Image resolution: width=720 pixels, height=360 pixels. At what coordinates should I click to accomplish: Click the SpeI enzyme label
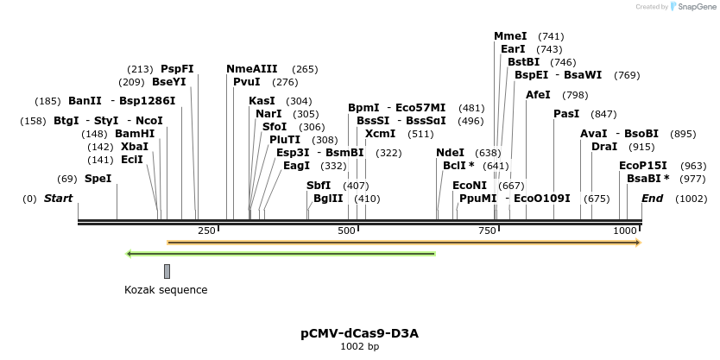[98, 179]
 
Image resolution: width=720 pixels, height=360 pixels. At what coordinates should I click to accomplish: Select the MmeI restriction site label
[510, 36]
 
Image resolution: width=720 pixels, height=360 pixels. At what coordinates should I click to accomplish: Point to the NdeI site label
[450, 153]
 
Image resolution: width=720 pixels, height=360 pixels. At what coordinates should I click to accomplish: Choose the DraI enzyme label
[604, 147]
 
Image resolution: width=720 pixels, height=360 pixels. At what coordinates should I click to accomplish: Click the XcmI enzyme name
[380, 134]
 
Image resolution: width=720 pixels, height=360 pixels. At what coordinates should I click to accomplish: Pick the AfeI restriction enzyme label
[538, 94]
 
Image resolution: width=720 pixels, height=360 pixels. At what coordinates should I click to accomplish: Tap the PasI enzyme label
[566, 114]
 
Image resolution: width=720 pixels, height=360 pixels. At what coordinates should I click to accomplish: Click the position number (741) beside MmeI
[551, 36]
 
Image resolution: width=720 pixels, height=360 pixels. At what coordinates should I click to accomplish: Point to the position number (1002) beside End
[692, 199]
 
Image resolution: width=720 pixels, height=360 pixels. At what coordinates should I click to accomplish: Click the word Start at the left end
[59, 199]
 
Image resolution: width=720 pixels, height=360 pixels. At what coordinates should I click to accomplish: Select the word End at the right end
[653, 199]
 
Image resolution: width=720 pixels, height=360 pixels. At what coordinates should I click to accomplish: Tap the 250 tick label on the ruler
[206, 231]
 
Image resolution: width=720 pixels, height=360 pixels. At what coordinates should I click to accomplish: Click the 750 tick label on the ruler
[487, 231]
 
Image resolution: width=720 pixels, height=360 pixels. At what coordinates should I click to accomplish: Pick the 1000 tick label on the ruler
[624, 231]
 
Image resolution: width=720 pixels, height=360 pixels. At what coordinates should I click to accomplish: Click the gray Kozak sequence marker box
[167, 271]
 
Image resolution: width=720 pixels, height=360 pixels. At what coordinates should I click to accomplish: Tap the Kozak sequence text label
[166, 290]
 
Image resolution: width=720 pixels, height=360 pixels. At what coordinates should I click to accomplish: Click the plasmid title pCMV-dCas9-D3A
[360, 333]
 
